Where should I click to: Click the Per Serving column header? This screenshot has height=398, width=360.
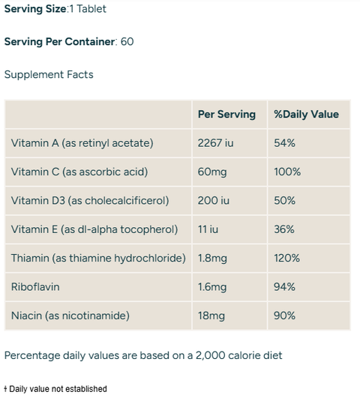pyautogui.click(x=226, y=115)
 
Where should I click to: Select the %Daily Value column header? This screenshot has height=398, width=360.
pyautogui.click(x=306, y=115)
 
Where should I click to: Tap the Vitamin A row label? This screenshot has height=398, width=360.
pyautogui.click(x=82, y=143)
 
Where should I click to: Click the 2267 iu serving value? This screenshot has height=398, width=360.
pyautogui.click(x=216, y=143)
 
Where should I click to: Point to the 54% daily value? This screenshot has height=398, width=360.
pyautogui.click(x=284, y=143)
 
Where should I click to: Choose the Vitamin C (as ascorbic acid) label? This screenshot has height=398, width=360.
pyautogui.click(x=79, y=172)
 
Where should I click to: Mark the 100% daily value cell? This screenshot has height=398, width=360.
pyautogui.click(x=287, y=172)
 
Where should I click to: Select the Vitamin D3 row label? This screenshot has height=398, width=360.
pyautogui.click(x=89, y=201)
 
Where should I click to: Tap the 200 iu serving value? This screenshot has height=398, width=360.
pyautogui.click(x=213, y=201)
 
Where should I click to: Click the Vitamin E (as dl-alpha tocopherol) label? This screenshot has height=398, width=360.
pyautogui.click(x=94, y=229)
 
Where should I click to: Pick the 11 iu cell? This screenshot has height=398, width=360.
pyautogui.click(x=208, y=229)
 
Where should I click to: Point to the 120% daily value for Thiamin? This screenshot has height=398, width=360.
pyautogui.click(x=286, y=258)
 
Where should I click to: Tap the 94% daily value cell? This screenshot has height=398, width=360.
pyautogui.click(x=284, y=287)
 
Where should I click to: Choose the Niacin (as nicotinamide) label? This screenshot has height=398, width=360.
pyautogui.click(x=70, y=316)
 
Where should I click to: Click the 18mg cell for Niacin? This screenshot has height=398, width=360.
pyautogui.click(x=211, y=316)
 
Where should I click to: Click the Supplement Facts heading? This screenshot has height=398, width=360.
pyautogui.click(x=49, y=75)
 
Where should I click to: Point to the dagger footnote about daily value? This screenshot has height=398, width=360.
pyautogui.click(x=55, y=389)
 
